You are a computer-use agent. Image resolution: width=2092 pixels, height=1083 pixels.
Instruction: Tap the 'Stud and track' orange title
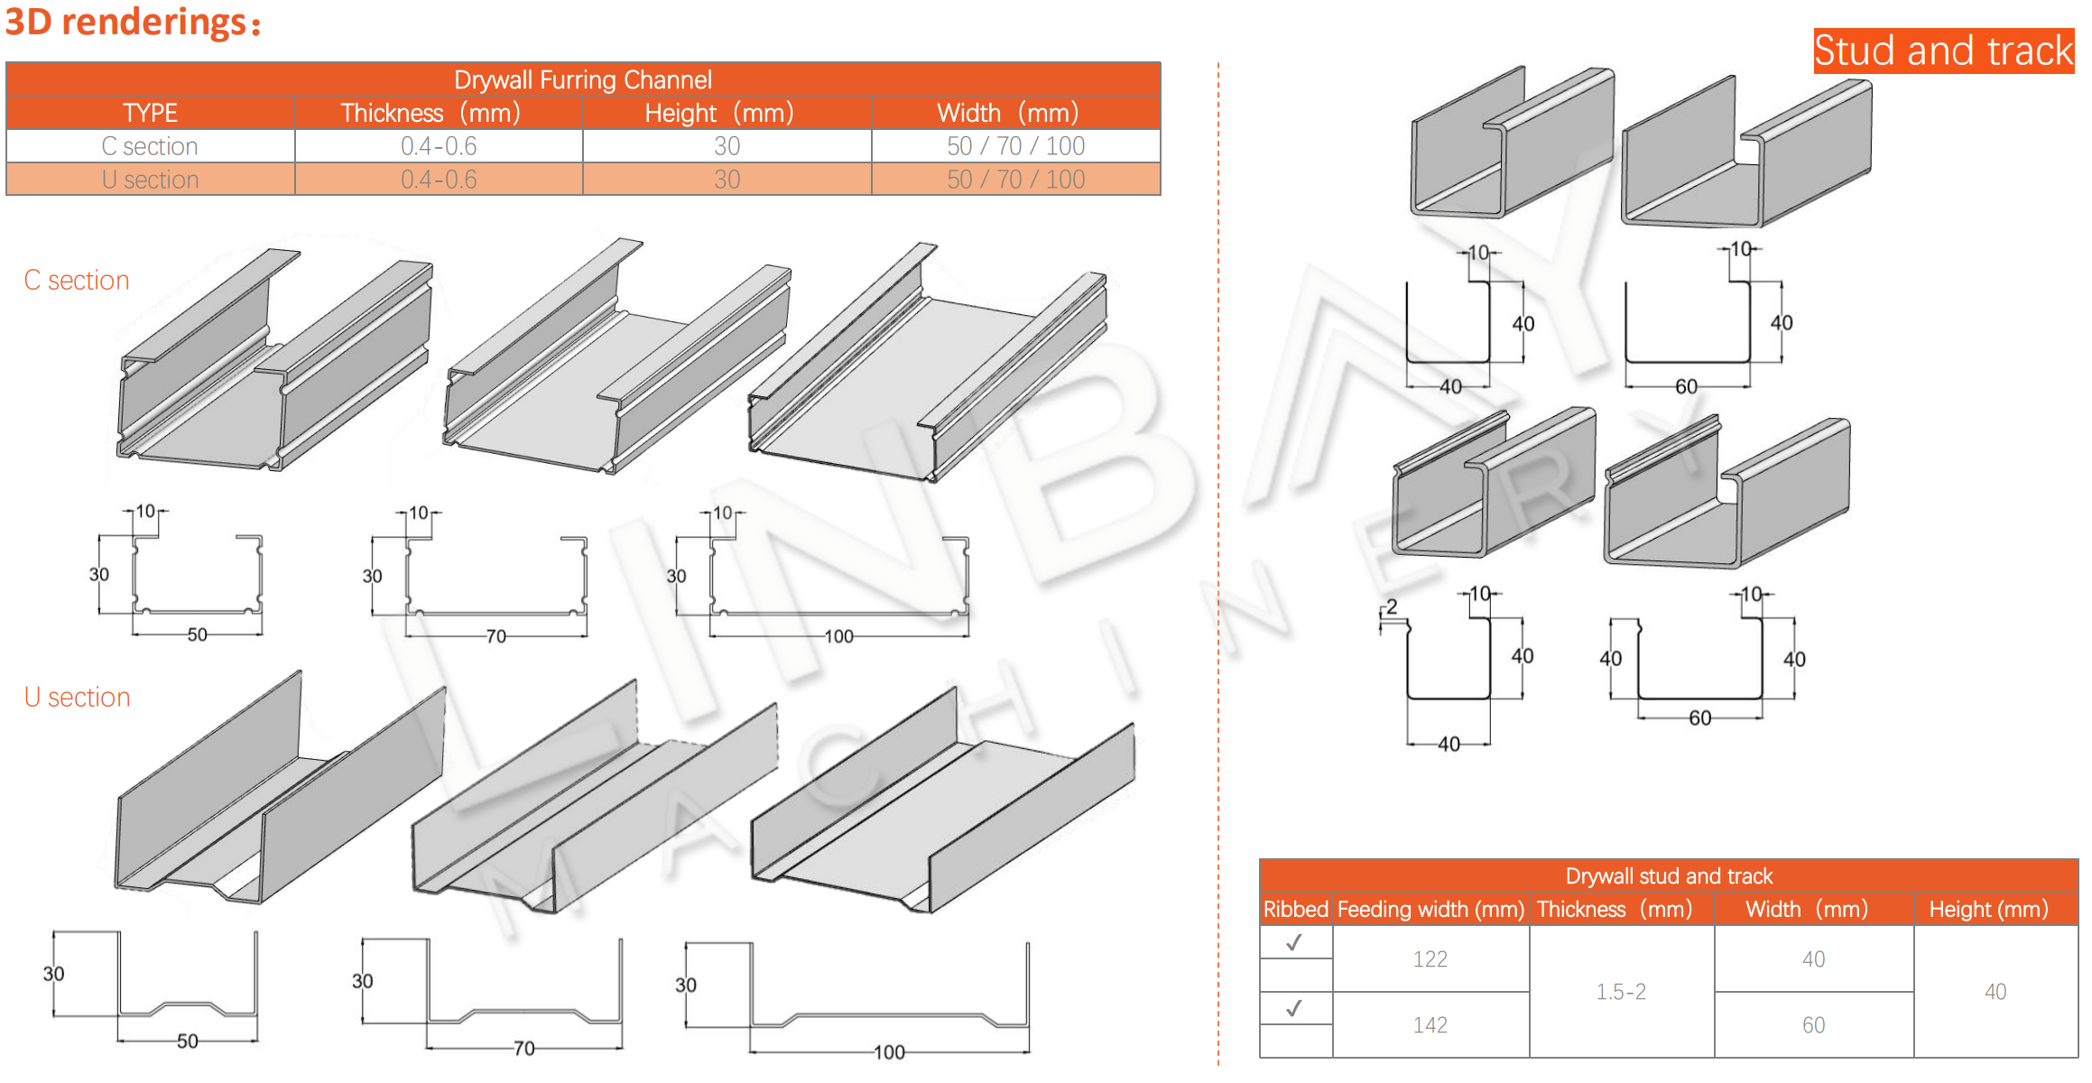click(1943, 51)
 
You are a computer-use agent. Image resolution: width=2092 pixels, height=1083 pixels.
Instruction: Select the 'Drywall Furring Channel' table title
click(583, 79)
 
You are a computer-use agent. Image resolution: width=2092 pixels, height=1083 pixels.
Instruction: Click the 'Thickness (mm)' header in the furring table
click(430, 113)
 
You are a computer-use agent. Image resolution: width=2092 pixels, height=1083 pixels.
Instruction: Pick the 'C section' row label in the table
click(150, 146)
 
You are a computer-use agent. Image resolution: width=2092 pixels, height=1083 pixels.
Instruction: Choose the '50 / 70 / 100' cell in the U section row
click(1015, 180)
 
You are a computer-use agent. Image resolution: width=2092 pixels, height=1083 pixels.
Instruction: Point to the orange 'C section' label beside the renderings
click(77, 281)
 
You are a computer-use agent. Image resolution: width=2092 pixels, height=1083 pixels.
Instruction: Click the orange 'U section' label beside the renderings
click(78, 698)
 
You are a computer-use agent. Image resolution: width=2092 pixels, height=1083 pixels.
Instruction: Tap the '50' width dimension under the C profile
click(197, 635)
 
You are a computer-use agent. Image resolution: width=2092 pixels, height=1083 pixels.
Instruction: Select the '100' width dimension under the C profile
click(838, 637)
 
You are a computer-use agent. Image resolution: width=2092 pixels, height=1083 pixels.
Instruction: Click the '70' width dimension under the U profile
click(523, 1049)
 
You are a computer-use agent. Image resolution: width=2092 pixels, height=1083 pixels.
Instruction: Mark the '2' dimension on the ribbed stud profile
click(1392, 606)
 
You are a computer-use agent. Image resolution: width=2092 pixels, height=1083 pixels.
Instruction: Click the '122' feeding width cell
click(1430, 959)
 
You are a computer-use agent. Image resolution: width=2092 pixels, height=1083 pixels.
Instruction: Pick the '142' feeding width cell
click(1430, 1025)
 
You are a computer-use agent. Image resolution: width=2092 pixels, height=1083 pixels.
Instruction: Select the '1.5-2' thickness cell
click(1621, 992)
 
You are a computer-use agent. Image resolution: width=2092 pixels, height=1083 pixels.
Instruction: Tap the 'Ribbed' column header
click(1295, 909)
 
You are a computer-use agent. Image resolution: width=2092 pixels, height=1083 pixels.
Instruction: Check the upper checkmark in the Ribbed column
click(1294, 943)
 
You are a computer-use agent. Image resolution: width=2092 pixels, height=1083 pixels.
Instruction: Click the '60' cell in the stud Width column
click(1813, 1025)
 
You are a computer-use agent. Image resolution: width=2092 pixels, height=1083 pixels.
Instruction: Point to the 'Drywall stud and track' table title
click(1669, 876)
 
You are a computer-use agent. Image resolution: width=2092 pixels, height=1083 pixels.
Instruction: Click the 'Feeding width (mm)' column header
click(1430, 909)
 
